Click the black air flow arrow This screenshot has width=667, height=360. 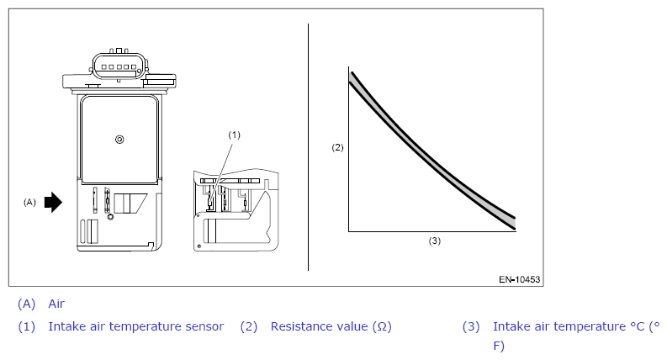click(x=53, y=202)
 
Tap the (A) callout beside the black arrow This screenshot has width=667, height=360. click(x=29, y=202)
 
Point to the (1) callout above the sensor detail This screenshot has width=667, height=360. click(x=235, y=135)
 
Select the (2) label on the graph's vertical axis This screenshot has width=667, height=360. click(x=337, y=147)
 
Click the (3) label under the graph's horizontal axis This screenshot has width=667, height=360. click(x=434, y=241)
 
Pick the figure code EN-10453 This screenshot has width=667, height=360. click(x=520, y=279)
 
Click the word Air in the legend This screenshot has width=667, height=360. click(x=56, y=304)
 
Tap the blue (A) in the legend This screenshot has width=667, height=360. click(x=26, y=304)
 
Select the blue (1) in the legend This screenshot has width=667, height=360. click(x=26, y=326)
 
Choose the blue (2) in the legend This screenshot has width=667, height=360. click(x=249, y=326)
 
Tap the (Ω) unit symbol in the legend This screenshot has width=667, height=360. click(x=382, y=326)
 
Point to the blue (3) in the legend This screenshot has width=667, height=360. click(x=471, y=326)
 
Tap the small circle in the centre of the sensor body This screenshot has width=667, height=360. click(x=119, y=139)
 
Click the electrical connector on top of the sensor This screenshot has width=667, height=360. click(x=119, y=66)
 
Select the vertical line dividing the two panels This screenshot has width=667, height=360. click(x=308, y=147)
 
